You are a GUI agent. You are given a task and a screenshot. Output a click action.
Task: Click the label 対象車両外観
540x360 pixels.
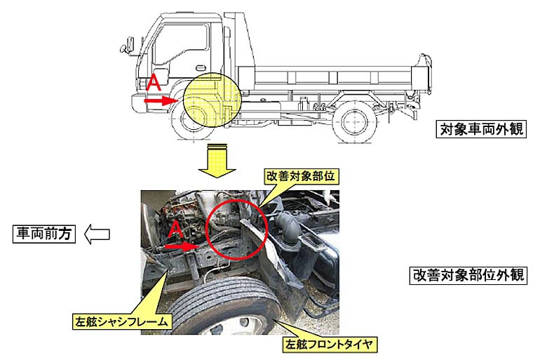[481, 129]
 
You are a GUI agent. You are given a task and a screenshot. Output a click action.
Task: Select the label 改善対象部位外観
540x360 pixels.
[468, 275]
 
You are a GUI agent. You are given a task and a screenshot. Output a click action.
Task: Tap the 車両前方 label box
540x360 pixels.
[44, 234]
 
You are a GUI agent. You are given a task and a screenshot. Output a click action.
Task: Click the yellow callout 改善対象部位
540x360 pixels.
[300, 176]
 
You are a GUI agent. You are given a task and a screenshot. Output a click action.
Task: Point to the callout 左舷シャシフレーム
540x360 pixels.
[122, 322]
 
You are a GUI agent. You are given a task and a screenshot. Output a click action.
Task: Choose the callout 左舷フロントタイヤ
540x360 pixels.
[329, 344]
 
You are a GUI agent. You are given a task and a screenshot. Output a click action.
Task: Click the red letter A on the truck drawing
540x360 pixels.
[154, 83]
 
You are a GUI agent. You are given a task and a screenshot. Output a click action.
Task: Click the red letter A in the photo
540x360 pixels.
[175, 229]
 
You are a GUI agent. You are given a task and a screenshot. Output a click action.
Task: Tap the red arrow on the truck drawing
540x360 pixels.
[161, 100]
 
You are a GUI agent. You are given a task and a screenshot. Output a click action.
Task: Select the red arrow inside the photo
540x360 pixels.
[182, 246]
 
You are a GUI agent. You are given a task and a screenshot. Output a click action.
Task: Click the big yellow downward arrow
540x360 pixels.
[217, 160]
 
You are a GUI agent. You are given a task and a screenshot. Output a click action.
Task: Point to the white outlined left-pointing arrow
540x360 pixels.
[97, 234]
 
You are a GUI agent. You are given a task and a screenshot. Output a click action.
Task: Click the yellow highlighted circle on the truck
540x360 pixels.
[212, 100]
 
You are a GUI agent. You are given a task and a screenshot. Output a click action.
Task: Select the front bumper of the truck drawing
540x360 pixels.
[139, 103]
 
